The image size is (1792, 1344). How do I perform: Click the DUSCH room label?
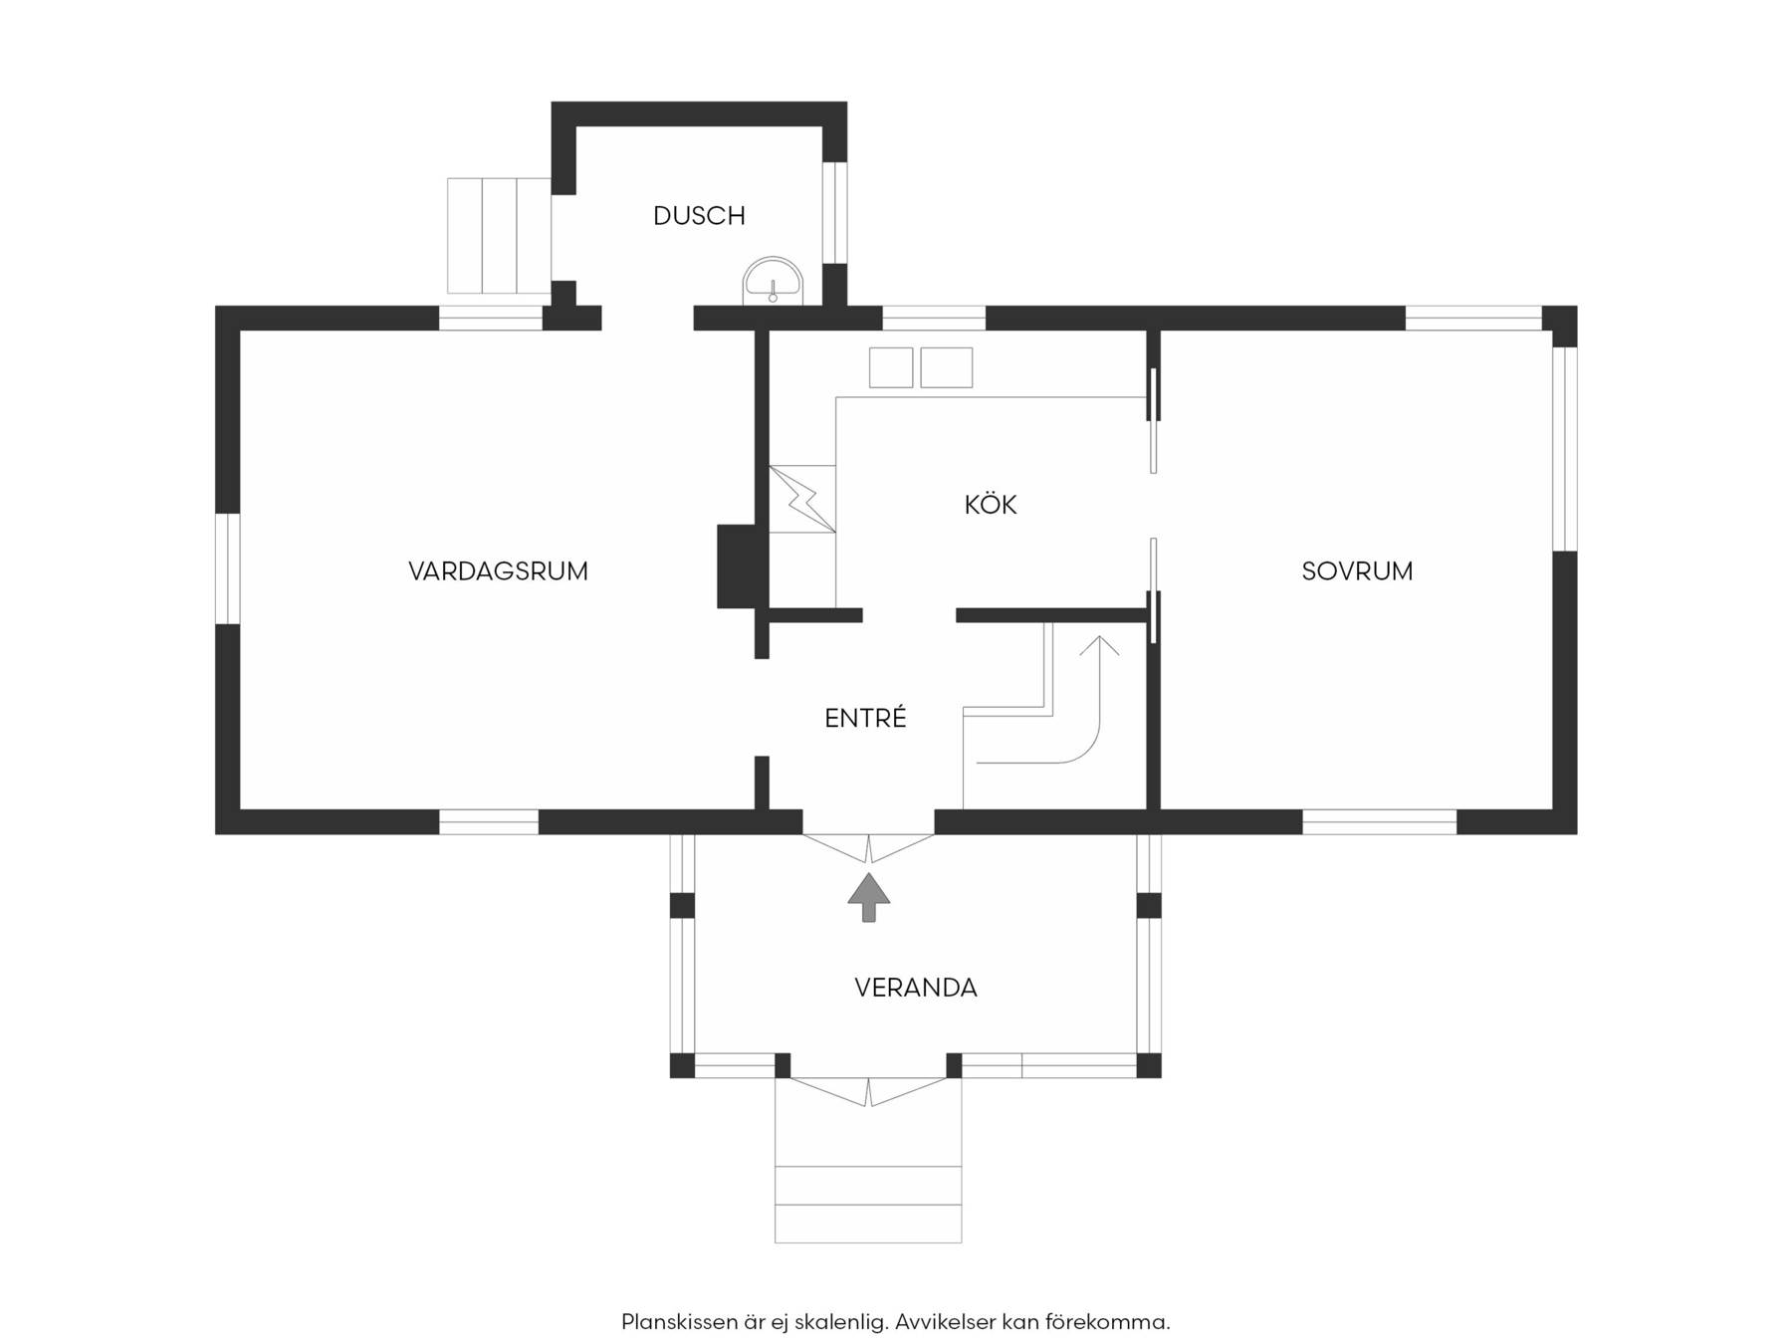tap(699, 216)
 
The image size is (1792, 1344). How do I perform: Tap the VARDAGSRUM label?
tap(498, 571)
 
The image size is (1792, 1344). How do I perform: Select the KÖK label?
tap(991, 505)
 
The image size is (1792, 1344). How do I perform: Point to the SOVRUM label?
tap(1357, 571)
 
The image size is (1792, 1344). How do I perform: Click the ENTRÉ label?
tap(865, 718)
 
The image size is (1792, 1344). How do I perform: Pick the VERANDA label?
tap(916, 988)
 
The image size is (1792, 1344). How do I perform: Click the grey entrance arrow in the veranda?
tap(869, 897)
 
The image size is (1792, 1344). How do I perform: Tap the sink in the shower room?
tap(773, 280)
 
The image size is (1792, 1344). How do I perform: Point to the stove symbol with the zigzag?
tap(802, 499)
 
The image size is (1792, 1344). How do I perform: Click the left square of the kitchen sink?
tap(891, 367)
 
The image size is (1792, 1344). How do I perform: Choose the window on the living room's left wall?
tap(228, 568)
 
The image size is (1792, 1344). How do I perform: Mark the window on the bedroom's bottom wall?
tap(1380, 821)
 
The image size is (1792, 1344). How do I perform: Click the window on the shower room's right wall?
tap(835, 212)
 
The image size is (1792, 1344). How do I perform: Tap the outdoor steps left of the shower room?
tap(499, 236)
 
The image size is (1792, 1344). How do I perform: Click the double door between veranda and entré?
tap(869, 848)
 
